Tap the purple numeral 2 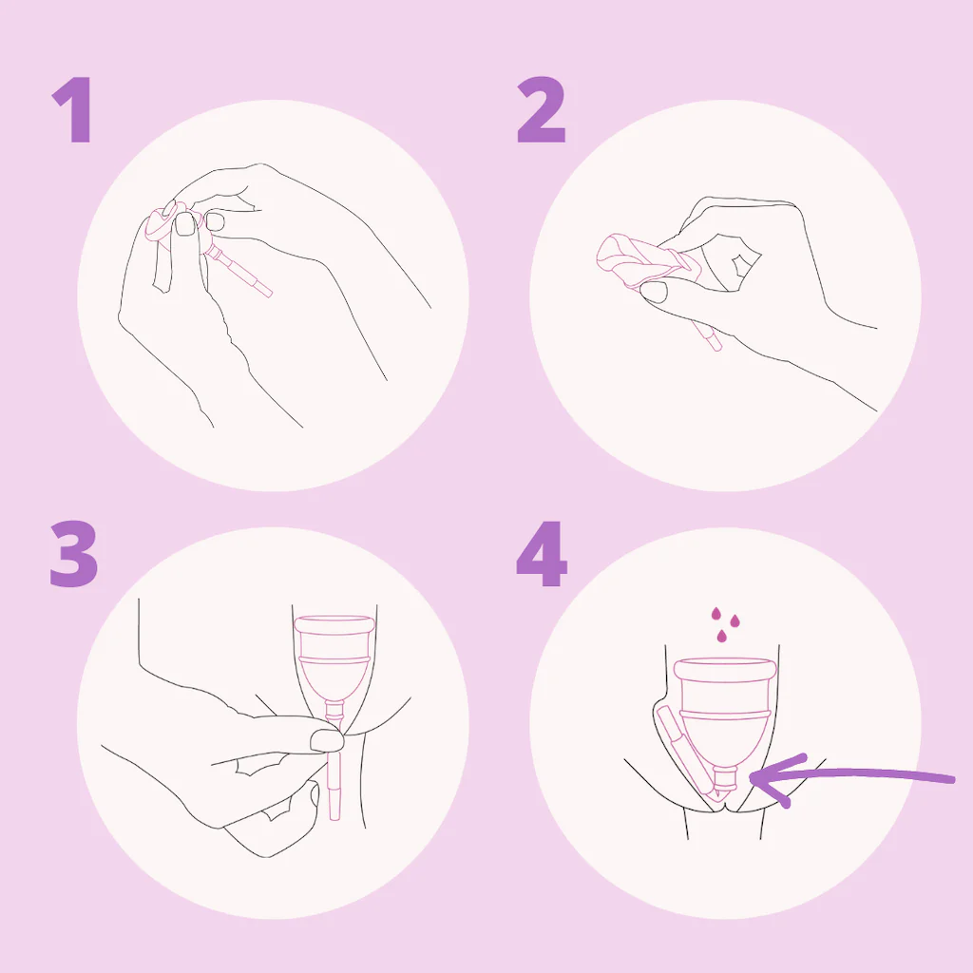[541, 110]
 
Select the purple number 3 [74, 554]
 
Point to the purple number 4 [541, 554]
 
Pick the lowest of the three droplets [722, 636]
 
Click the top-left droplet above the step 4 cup [715, 614]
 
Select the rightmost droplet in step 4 [735, 620]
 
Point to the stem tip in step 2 [716, 346]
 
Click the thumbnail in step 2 [654, 291]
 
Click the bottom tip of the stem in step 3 [334, 817]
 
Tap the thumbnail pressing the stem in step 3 [327, 740]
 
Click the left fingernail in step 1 [185, 224]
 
